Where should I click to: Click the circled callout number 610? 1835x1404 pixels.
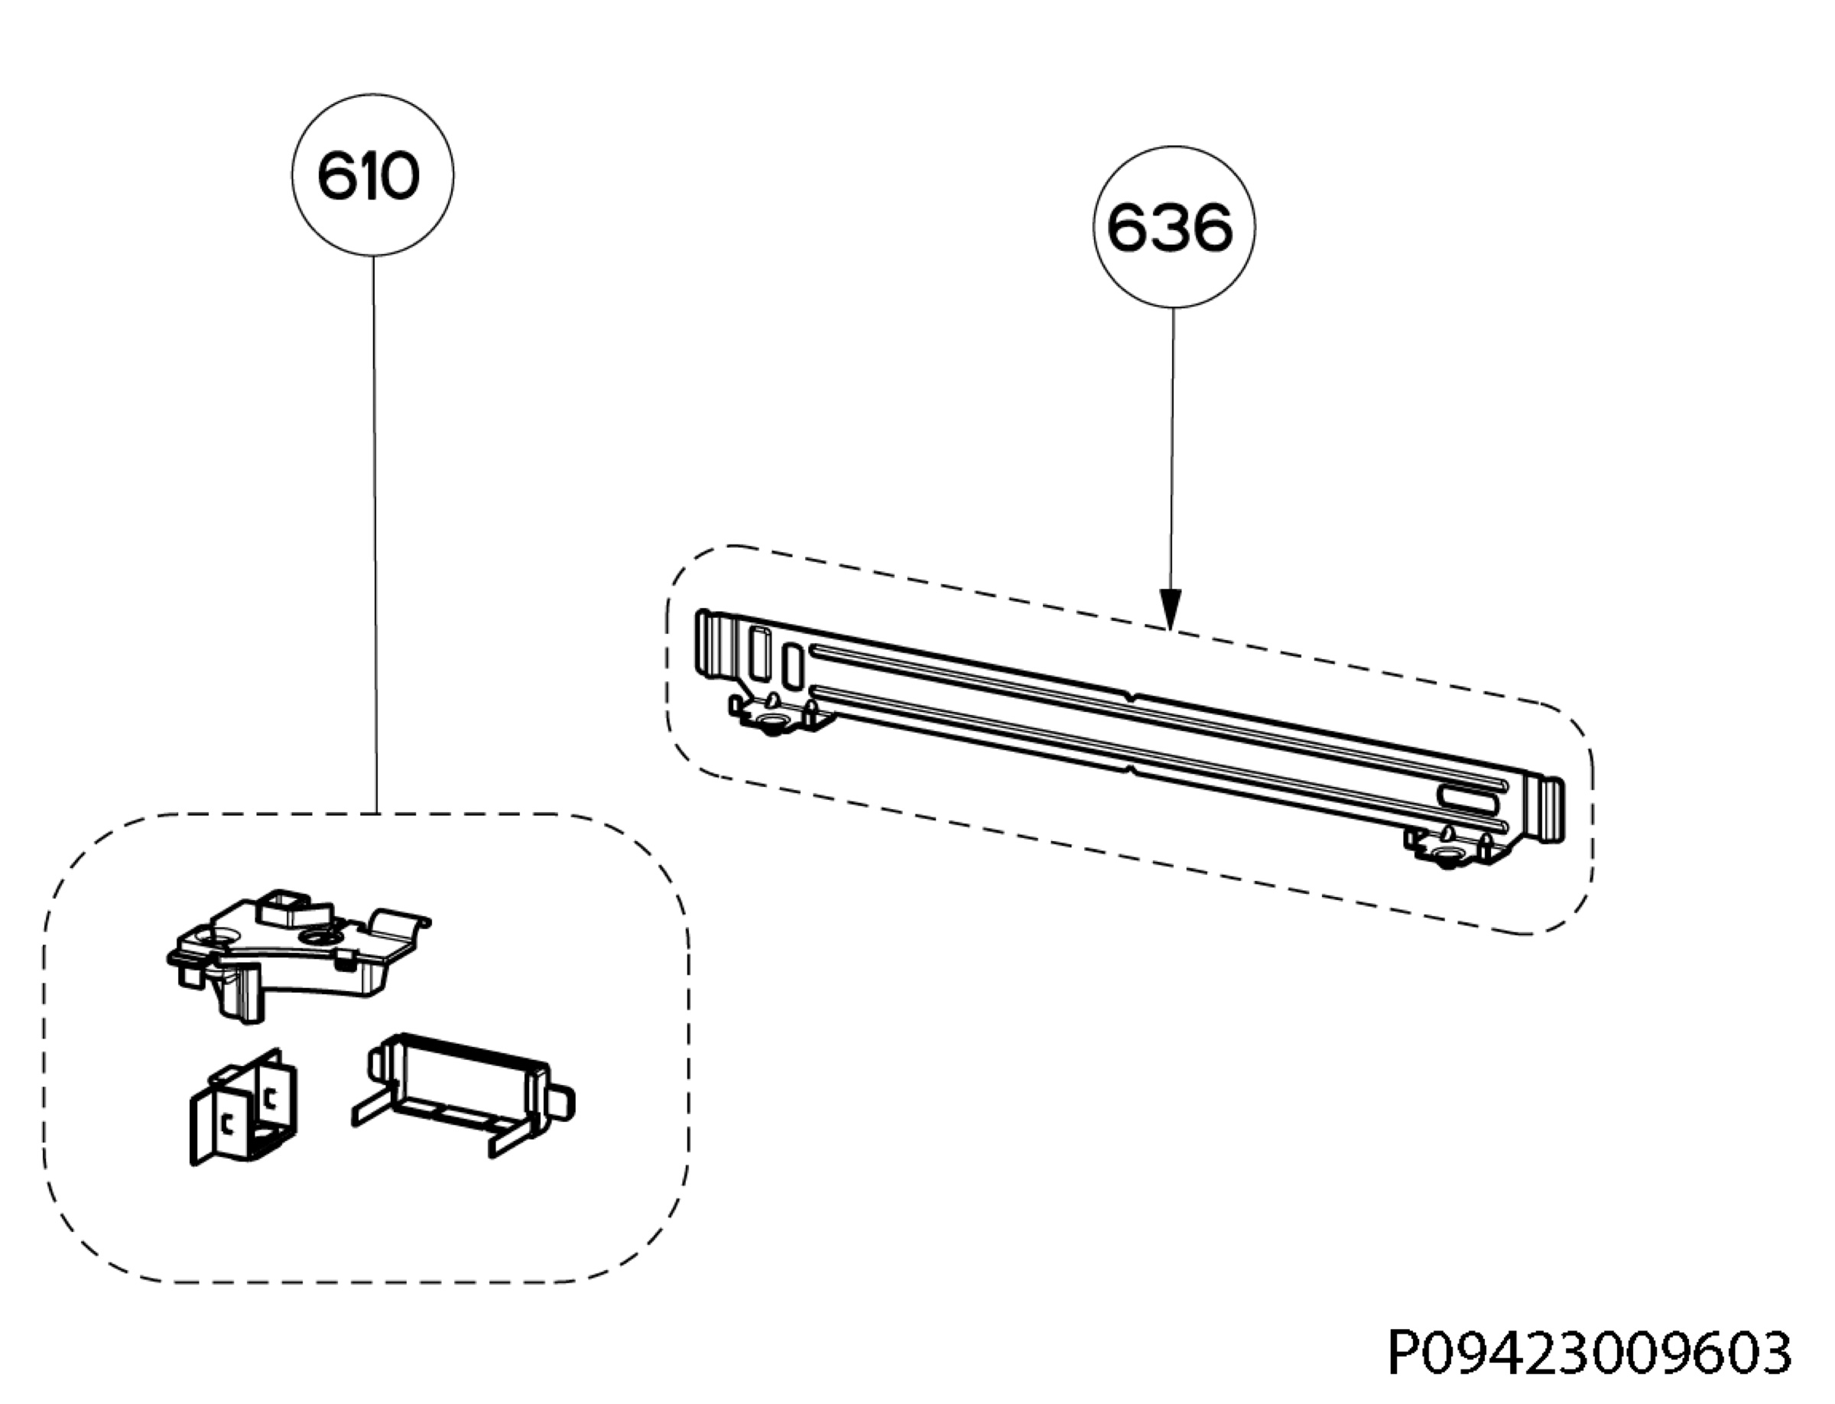pos(372,174)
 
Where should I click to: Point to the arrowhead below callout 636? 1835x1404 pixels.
pos(1171,608)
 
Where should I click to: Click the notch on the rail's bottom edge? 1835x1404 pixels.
pos(1130,766)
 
